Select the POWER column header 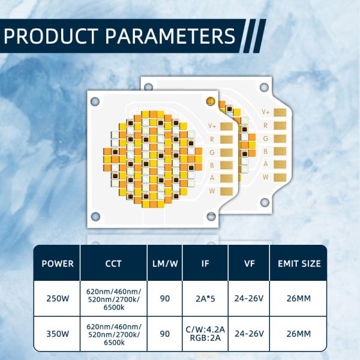point(58,263)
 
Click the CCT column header point(113,263)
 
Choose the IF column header point(205,263)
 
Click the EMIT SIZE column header point(299,263)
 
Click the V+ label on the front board point(212,125)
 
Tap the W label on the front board point(212,190)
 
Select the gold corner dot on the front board point(210,100)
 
